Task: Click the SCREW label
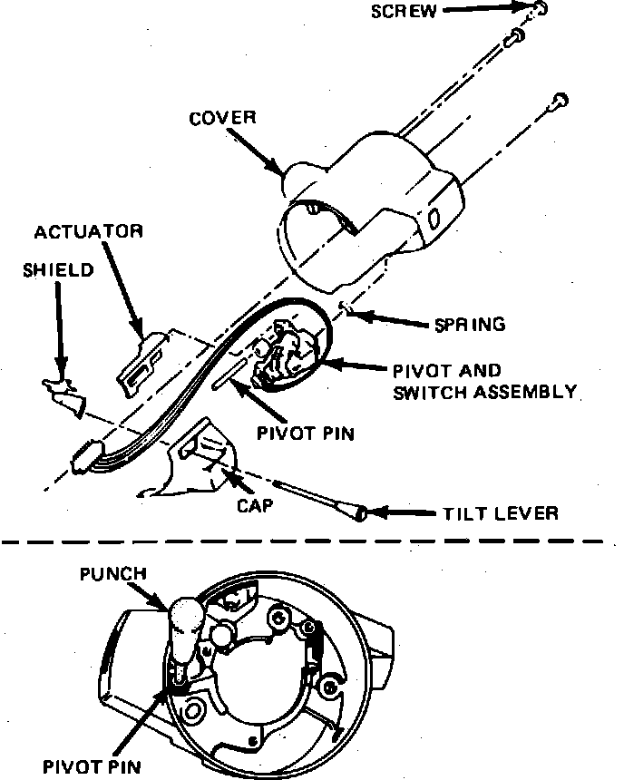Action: (405, 12)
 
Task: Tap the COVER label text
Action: (223, 119)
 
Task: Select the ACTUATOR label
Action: (88, 231)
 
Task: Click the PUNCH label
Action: (112, 574)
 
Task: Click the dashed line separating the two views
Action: (308, 542)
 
